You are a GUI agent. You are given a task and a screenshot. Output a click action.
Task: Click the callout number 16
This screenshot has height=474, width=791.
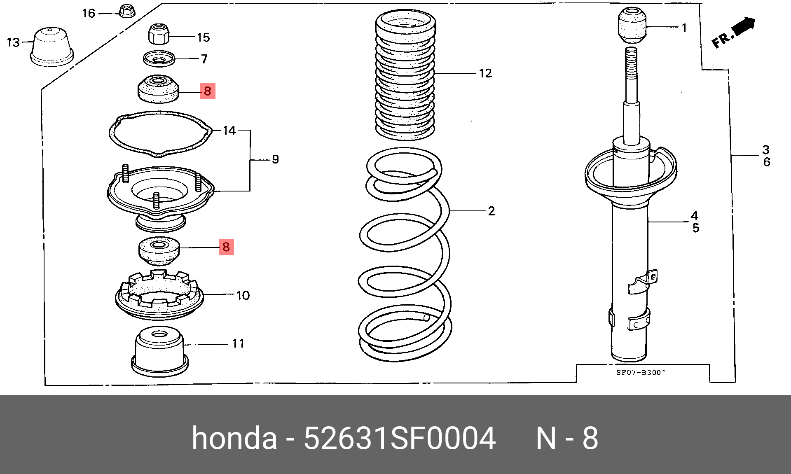89,14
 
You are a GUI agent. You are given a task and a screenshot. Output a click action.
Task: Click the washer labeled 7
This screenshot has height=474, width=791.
159,58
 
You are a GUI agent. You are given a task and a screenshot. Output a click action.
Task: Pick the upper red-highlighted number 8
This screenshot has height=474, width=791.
208,91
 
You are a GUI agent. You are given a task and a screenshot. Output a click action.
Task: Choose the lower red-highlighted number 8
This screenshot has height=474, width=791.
226,247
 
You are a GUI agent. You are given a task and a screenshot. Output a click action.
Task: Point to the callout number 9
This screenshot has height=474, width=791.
275,159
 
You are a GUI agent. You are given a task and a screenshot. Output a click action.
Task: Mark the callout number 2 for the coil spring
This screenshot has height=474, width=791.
491,211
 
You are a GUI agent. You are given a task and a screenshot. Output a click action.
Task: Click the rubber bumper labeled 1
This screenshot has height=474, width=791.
631,25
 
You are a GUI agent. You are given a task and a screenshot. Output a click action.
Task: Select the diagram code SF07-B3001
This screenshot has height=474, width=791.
640,373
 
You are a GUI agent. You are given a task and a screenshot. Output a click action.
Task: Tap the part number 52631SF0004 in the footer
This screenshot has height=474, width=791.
399,438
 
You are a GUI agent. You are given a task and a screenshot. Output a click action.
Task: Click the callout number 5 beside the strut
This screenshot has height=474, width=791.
695,228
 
